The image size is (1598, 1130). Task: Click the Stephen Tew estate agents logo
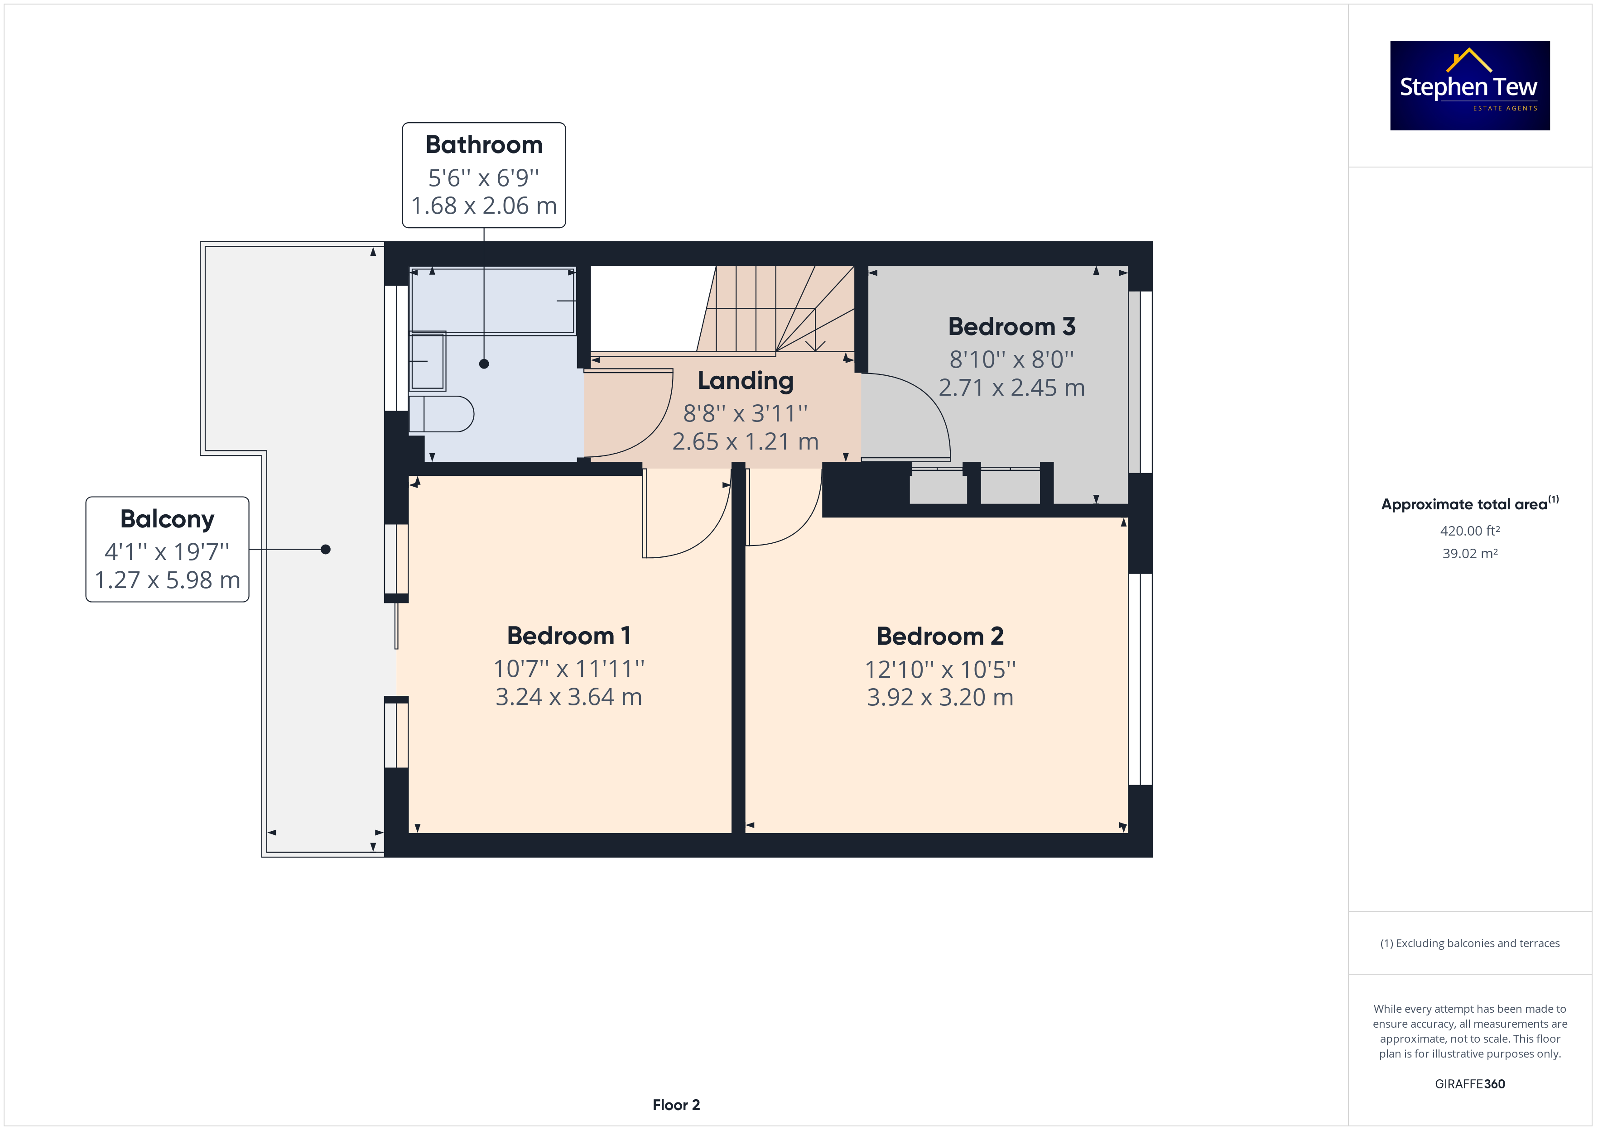coord(1469,86)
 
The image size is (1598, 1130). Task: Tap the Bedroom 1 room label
coord(568,635)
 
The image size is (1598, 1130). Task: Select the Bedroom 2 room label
coord(939,636)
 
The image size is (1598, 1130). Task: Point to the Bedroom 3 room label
coord(1011,326)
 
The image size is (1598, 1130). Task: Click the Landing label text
coord(746,381)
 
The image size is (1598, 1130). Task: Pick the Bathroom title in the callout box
coord(484,145)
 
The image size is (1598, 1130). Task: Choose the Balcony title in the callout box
coord(167,519)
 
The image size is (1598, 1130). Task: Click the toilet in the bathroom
coord(441,414)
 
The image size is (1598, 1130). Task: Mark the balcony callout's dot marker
coord(326,550)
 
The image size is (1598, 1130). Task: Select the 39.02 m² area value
coord(1470,554)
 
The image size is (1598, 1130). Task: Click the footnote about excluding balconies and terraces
coord(1470,943)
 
